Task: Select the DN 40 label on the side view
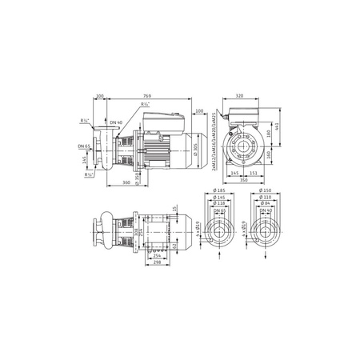pos(116,122)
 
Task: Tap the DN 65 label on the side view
pos(83,146)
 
